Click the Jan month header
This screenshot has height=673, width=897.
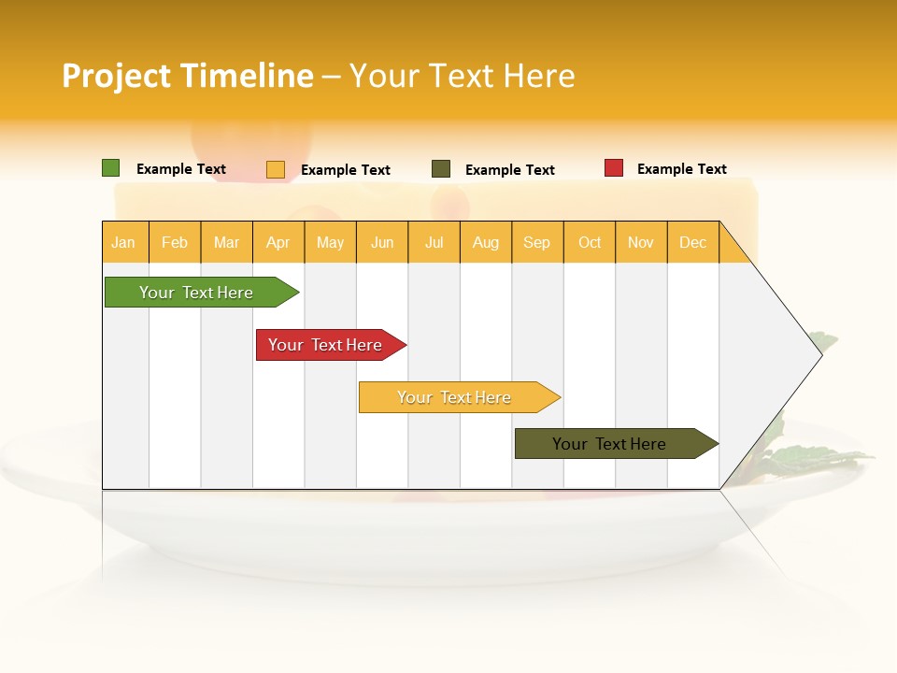123,242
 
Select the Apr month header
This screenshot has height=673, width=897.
278,242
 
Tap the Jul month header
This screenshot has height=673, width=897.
434,242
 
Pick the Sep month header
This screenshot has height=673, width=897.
536,242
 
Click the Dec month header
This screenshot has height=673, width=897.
692,242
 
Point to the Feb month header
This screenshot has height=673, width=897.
175,242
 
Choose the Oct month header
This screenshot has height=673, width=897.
590,242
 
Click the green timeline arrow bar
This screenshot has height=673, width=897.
196,293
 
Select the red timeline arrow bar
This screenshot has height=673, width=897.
325,345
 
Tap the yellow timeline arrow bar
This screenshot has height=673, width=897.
454,397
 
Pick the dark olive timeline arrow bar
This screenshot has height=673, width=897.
609,444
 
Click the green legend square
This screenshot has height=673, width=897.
110,168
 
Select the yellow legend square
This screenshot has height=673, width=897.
276,169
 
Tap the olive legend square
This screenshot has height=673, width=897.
441,169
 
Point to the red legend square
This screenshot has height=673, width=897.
614,168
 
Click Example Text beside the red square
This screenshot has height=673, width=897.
681,169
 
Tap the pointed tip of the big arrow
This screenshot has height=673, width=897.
819,354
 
